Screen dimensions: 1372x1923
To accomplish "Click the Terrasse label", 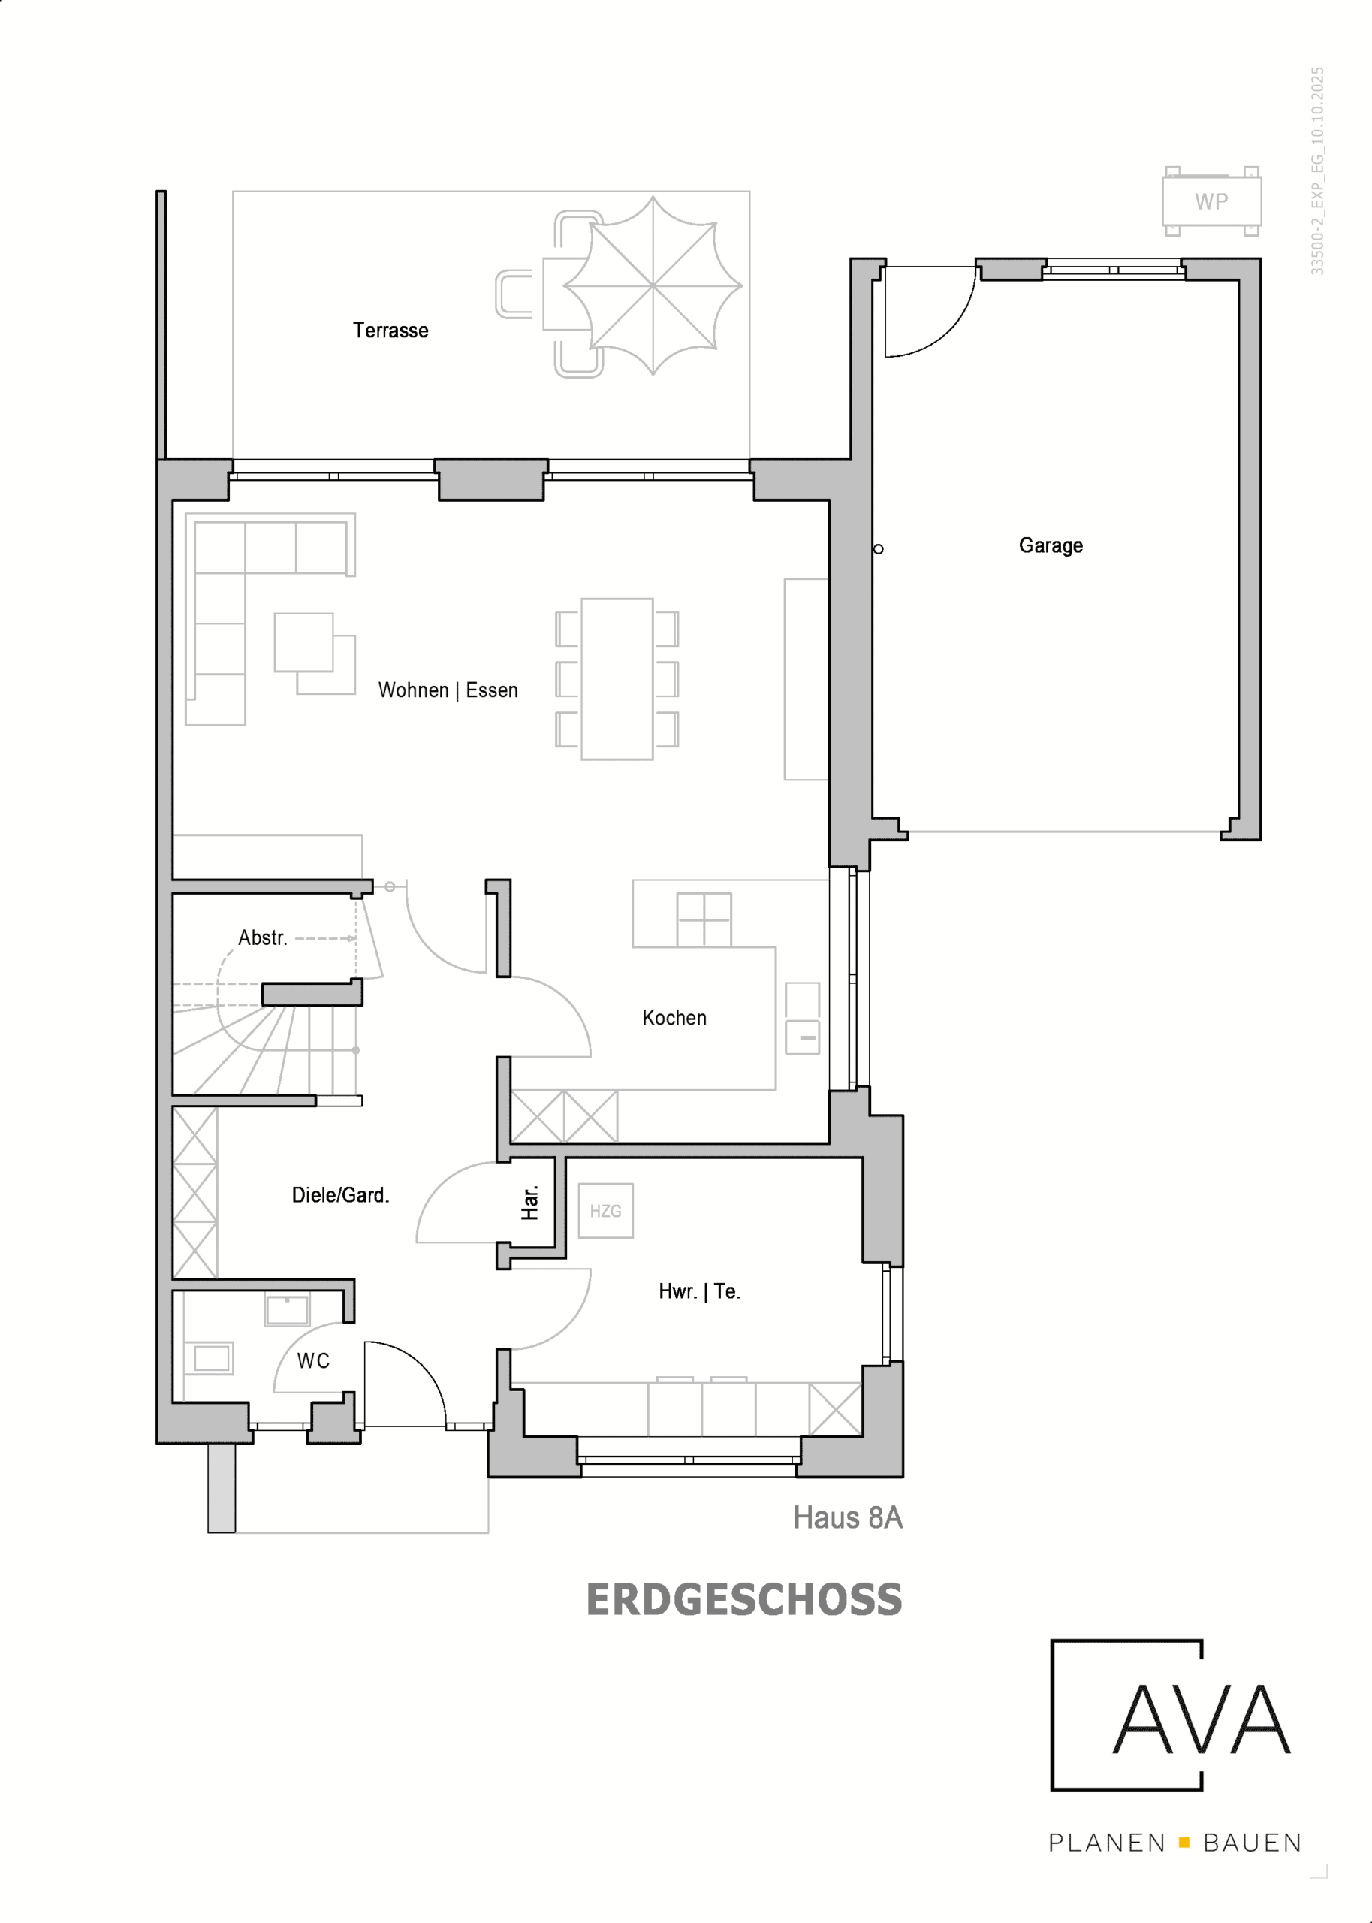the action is click(390, 331).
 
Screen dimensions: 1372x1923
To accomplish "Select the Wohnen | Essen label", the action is click(448, 690).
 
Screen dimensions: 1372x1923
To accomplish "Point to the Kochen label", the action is click(674, 1017).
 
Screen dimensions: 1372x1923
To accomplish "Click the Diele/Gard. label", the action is click(340, 1194).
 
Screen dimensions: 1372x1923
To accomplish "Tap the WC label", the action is click(313, 1361).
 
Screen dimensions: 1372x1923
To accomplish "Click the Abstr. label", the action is click(263, 938).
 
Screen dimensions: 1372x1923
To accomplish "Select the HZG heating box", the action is click(606, 1211).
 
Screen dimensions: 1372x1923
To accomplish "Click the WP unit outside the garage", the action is click(1211, 201).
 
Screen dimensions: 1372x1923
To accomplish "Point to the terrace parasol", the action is click(653, 285).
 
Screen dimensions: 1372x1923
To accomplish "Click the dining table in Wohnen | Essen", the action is click(617, 679).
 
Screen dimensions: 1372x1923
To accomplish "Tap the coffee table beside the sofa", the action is click(304, 642).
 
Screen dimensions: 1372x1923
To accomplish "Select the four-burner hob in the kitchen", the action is click(704, 920).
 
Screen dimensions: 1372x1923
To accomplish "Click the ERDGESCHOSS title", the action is click(744, 1599).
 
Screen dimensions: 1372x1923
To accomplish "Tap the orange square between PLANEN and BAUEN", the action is click(1184, 1842).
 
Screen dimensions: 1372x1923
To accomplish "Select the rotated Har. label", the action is click(529, 1203).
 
